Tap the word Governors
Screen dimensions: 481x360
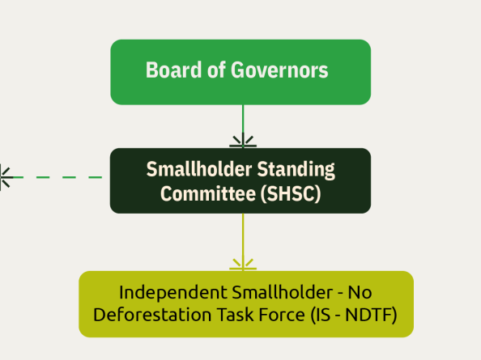point(279,70)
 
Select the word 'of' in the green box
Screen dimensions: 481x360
point(216,70)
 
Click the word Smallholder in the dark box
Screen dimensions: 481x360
point(199,169)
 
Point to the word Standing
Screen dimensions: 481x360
point(296,170)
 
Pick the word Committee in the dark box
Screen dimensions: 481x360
point(208,194)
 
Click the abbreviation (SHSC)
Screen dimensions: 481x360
point(291,194)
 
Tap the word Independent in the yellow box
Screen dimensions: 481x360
point(173,293)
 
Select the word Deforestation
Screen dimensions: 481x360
point(152,315)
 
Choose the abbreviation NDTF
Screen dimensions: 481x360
point(368,316)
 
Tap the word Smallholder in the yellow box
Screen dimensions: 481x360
point(283,293)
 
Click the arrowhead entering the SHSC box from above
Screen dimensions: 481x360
point(243,141)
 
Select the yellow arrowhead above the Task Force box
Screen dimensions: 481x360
point(243,264)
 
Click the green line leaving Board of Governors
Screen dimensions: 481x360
point(243,119)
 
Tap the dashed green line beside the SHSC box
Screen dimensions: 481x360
point(57,177)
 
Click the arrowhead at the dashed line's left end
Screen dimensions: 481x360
point(6,177)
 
